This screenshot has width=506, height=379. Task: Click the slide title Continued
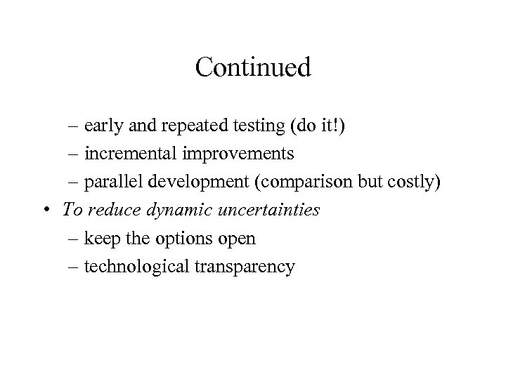pyautogui.click(x=253, y=67)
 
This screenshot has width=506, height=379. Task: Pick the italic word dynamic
pyautogui.click(x=168, y=210)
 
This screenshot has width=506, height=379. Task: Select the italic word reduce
pyautogui.click(x=108, y=208)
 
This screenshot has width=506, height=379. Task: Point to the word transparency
pyautogui.click(x=242, y=267)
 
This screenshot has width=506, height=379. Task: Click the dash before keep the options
pyautogui.click(x=74, y=238)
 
